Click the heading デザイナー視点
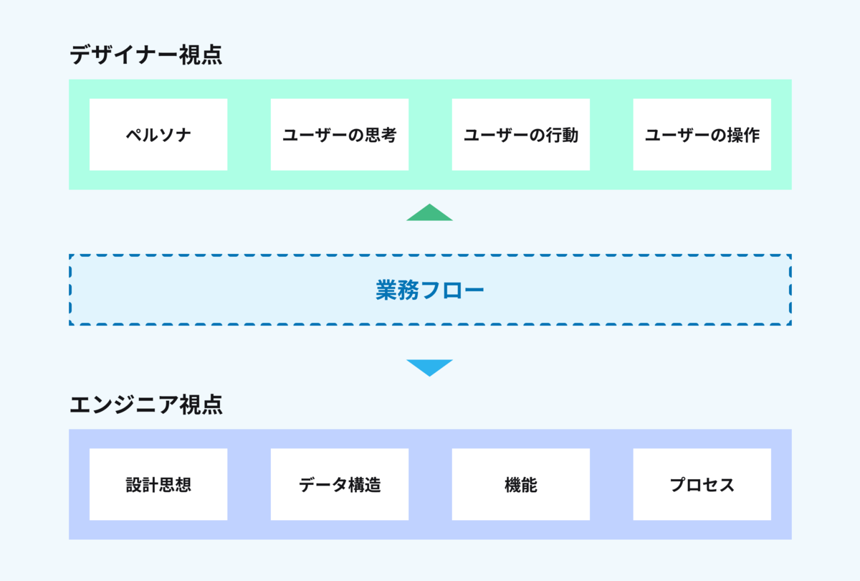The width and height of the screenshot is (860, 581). tap(146, 55)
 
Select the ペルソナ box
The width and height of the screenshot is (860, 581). tap(158, 135)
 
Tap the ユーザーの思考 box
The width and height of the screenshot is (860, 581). tap(340, 135)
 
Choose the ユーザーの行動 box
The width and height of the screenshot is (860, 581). tap(520, 135)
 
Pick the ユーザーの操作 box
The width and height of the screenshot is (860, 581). tap(702, 135)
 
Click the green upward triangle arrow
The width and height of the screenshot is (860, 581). tap(429, 213)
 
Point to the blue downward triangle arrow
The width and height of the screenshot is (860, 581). tap(429, 367)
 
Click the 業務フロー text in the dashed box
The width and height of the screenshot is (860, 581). tap(429, 290)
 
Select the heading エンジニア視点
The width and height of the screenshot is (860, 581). tap(146, 405)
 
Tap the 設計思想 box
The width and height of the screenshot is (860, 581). tap(158, 484)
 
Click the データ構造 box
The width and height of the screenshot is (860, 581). tap(340, 484)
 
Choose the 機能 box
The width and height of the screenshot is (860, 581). tap(520, 484)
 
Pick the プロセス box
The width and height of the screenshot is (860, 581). tap(702, 484)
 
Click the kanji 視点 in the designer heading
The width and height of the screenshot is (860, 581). tap(201, 55)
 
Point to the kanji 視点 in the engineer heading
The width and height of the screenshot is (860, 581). tap(201, 405)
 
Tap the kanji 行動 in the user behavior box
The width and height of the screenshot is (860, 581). tap(562, 135)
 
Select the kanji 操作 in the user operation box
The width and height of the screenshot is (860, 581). tap(743, 135)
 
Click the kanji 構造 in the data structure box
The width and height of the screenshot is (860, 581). tap(364, 485)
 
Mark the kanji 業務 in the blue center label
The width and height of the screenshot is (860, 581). tap(397, 290)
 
